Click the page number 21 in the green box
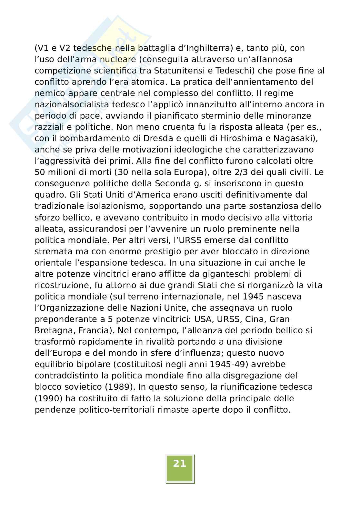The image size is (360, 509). click(180, 464)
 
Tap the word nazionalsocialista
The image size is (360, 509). click(73, 104)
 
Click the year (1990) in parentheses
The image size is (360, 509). click(48, 398)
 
